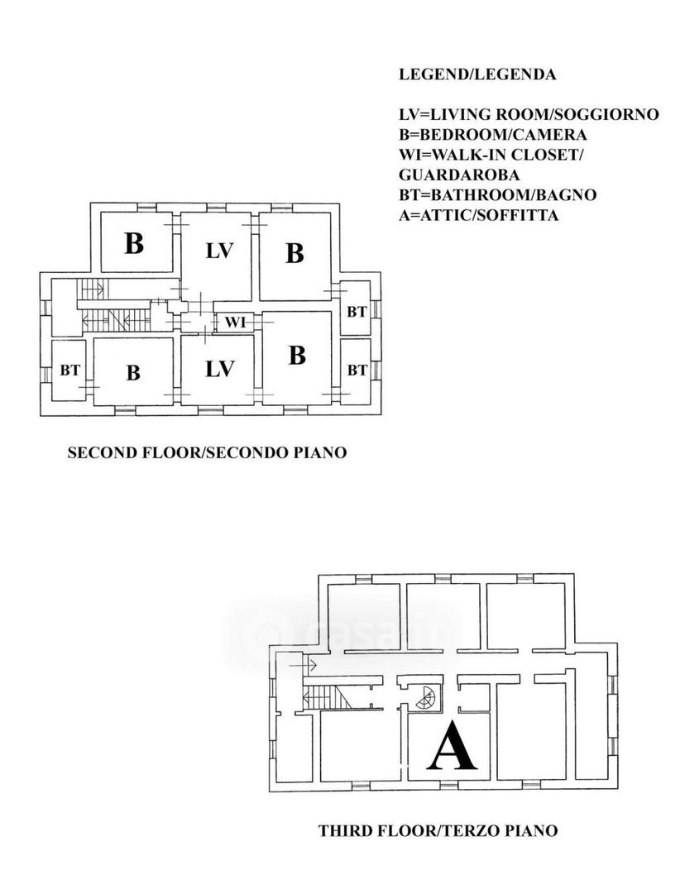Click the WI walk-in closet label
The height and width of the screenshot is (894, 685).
pos(235,323)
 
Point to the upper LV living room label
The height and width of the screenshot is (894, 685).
pos(219,251)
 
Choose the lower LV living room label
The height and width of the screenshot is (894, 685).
pos(219,369)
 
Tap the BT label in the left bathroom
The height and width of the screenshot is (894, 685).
pos(70,371)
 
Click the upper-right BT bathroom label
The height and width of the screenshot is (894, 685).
pos(357,312)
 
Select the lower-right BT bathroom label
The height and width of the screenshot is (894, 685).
pos(357,370)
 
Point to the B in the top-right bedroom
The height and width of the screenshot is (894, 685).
pos(295,253)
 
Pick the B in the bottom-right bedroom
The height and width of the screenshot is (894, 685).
pos(297,355)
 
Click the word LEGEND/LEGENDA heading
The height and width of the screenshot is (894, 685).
pos(477,74)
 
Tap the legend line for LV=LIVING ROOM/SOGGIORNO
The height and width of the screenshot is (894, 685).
pos(529,115)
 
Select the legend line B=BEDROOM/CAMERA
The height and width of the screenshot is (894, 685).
pos(492,135)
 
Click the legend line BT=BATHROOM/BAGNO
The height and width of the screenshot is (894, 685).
pos(497,195)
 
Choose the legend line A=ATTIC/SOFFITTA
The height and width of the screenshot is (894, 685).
pos(478,215)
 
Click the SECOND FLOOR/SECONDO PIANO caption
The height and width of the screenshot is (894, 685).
pos(207,452)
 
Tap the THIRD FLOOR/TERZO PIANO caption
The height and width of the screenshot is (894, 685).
pos(438,830)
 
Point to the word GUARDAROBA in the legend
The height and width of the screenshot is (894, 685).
pos(459,174)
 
